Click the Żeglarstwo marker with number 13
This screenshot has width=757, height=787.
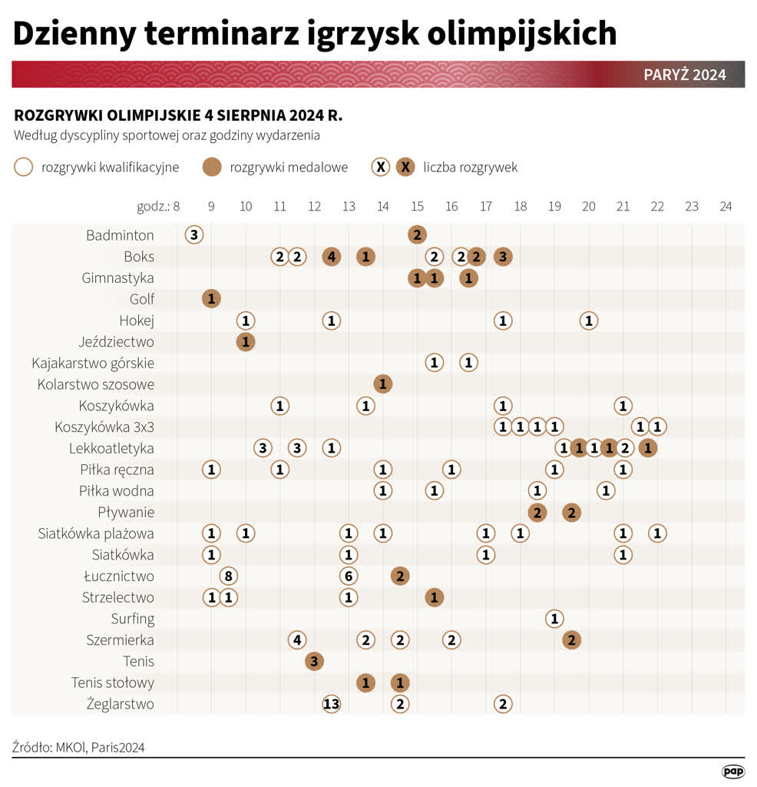tap(331, 704)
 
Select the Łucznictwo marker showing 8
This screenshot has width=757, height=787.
tap(228, 576)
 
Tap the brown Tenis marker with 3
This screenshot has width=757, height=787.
tap(314, 662)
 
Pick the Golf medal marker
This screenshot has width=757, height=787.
tap(211, 299)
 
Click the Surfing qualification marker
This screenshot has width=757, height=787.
tap(554, 619)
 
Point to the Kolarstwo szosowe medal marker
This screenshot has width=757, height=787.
tap(382, 384)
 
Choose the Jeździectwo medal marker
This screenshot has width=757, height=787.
tap(246, 342)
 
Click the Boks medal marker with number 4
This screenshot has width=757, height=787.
tap(331, 257)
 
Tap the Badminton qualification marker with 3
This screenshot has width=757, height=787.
tap(194, 235)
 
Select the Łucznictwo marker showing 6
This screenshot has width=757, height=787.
tap(349, 576)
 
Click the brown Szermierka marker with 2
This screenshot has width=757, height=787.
tap(571, 640)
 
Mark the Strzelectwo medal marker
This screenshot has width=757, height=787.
tap(434, 598)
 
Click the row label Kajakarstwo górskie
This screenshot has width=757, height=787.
tap(93, 363)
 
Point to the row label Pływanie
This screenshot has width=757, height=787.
tap(126, 513)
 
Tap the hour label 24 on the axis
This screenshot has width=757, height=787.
tap(726, 206)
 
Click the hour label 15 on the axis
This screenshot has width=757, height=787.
tap(417, 206)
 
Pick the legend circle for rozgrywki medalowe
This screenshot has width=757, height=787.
tap(212, 167)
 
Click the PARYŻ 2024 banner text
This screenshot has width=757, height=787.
tap(684, 75)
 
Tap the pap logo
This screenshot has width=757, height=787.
tap(733, 771)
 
